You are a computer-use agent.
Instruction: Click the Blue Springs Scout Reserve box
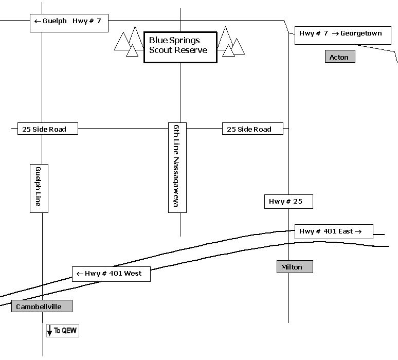pos(180,45)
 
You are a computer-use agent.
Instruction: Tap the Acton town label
pos(340,57)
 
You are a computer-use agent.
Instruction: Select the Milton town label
pos(294,267)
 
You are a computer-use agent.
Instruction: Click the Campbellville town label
pos(42,307)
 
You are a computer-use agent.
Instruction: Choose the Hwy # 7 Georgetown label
pos(340,34)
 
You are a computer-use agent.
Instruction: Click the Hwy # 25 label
pos(288,202)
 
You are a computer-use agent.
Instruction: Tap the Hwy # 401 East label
pos(333,231)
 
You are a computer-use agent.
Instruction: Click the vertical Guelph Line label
pos(39,187)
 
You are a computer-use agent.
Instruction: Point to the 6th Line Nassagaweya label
pos(177,167)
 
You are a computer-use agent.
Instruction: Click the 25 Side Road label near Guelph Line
pos(47,129)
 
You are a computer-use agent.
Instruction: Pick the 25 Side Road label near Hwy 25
pos(252,129)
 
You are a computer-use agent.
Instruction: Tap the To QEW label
pos(66,331)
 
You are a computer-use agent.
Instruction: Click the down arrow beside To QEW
pos(50,331)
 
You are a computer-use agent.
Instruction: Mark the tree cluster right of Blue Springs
pos(229,42)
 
